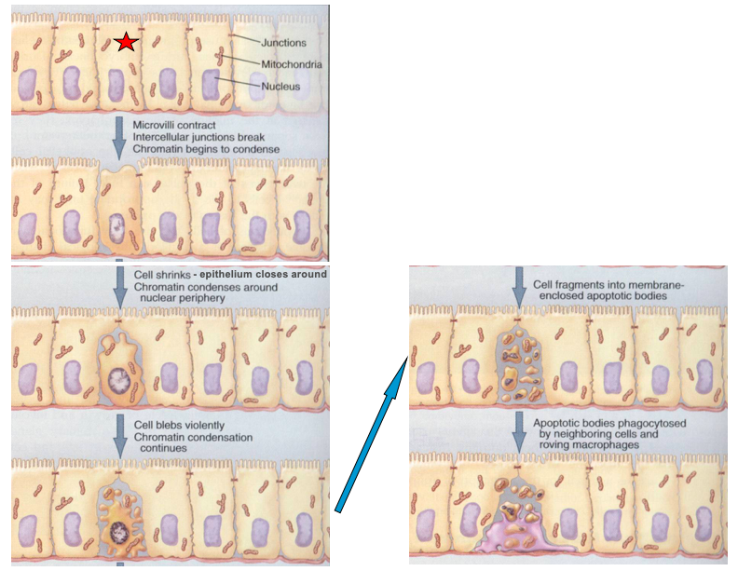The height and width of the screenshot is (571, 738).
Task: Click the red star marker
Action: tap(126, 42)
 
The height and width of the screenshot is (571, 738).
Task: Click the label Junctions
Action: tap(283, 43)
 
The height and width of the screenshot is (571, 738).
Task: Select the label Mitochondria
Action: tap(292, 64)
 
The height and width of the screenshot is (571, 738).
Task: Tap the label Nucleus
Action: tap(280, 86)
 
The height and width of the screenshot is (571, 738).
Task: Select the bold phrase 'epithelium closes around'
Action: tap(270, 274)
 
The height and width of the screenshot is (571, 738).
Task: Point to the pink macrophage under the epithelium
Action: tap(526, 540)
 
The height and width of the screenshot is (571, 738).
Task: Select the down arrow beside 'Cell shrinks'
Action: tap(118, 285)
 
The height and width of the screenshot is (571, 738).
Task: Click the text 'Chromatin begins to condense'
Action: tap(206, 149)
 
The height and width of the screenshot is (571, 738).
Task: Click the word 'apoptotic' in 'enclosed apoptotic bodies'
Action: tap(604, 296)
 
